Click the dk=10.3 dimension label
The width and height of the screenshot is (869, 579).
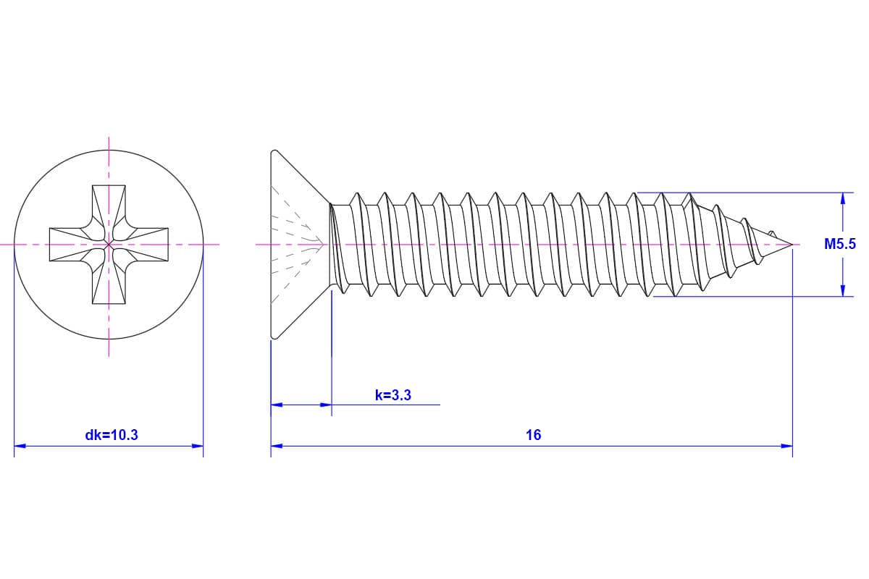click(112, 435)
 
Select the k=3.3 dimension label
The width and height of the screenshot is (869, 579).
click(393, 395)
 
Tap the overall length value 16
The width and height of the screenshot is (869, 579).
click(533, 435)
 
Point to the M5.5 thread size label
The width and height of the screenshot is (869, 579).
click(840, 245)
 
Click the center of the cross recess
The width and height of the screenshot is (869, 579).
click(109, 245)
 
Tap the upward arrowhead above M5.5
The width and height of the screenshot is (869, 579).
click(842, 198)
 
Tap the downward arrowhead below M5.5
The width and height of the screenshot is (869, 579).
click(842, 290)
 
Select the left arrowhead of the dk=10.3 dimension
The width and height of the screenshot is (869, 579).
click(20, 446)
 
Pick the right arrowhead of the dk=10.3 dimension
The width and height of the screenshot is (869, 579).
click(197, 446)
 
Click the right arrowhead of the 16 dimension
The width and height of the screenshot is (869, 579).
click(786, 446)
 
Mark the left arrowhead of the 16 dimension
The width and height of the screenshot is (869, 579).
click(277, 446)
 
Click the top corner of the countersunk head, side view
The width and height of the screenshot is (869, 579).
click(273, 152)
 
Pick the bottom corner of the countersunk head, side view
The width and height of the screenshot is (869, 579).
click(273, 337)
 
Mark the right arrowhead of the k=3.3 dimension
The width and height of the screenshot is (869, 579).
click(326, 405)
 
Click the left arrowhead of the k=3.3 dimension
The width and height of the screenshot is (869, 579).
click(277, 405)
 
